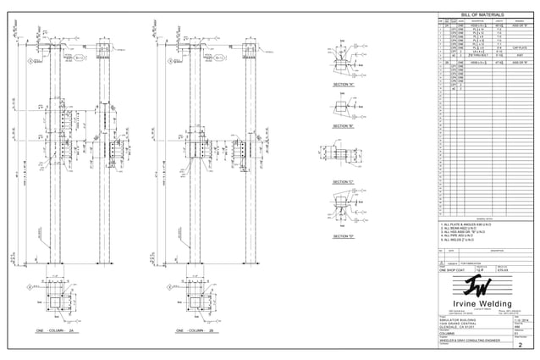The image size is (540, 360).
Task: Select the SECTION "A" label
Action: pos(344,86)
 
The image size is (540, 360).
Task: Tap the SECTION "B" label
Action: pos(344,125)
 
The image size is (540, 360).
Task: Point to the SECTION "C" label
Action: pos(344,182)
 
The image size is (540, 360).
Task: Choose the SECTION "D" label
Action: pos(344,235)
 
